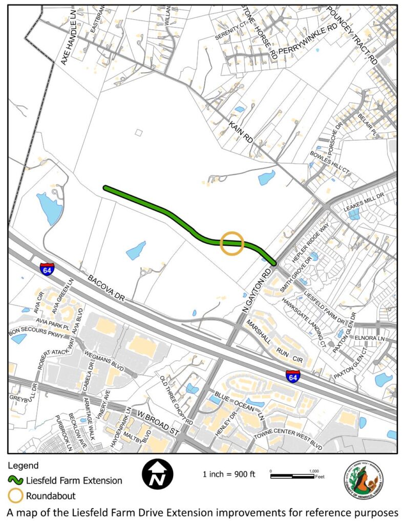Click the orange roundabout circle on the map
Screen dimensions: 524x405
pyautogui.click(x=231, y=243)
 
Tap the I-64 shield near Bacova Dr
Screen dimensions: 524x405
pyautogui.click(x=47, y=269)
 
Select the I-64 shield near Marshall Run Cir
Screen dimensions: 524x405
pyautogui.click(x=293, y=377)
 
